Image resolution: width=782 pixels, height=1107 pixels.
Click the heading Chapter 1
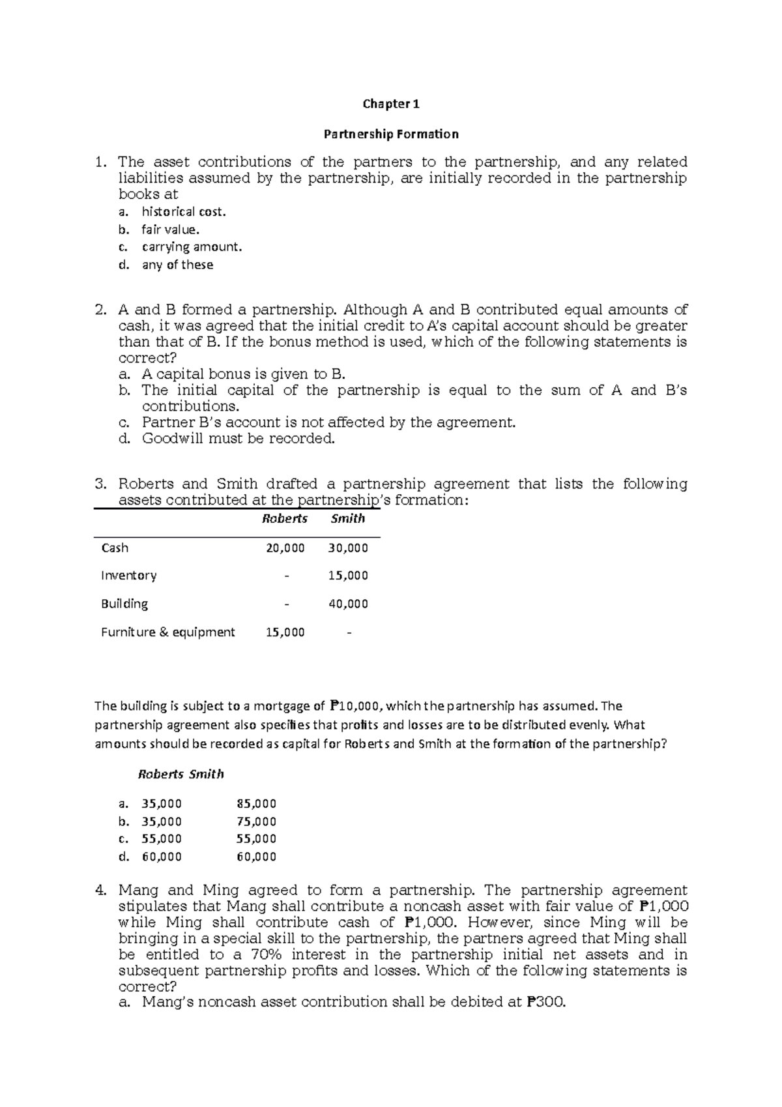pos(391,104)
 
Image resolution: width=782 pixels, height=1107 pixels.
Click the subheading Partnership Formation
pos(391,134)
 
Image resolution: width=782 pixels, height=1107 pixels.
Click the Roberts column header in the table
pos(285,519)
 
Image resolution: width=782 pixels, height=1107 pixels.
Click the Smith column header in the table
pos(347,519)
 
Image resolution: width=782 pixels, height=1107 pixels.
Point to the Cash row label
pos(115,548)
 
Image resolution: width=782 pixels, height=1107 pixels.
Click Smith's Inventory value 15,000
pos(348,576)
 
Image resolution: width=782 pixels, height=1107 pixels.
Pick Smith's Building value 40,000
pos(348,604)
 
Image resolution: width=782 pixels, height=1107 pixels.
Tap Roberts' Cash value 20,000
pos(285,548)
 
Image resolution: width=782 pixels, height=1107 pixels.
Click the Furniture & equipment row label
pos(167,632)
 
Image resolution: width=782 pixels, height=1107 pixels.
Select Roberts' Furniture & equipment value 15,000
pos(285,632)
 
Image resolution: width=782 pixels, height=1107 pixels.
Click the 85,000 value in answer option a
pos(257,804)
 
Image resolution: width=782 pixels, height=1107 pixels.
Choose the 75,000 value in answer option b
pos(257,821)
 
